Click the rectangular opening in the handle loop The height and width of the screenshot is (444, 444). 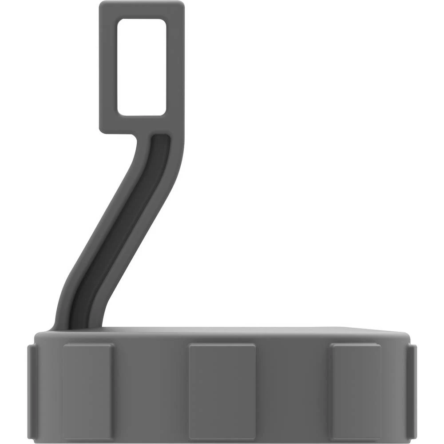[x=141, y=67]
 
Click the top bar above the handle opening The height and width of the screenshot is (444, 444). [x=141, y=10]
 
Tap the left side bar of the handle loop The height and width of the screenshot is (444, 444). [x=108, y=67]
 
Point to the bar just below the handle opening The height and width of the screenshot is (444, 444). [x=141, y=124]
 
